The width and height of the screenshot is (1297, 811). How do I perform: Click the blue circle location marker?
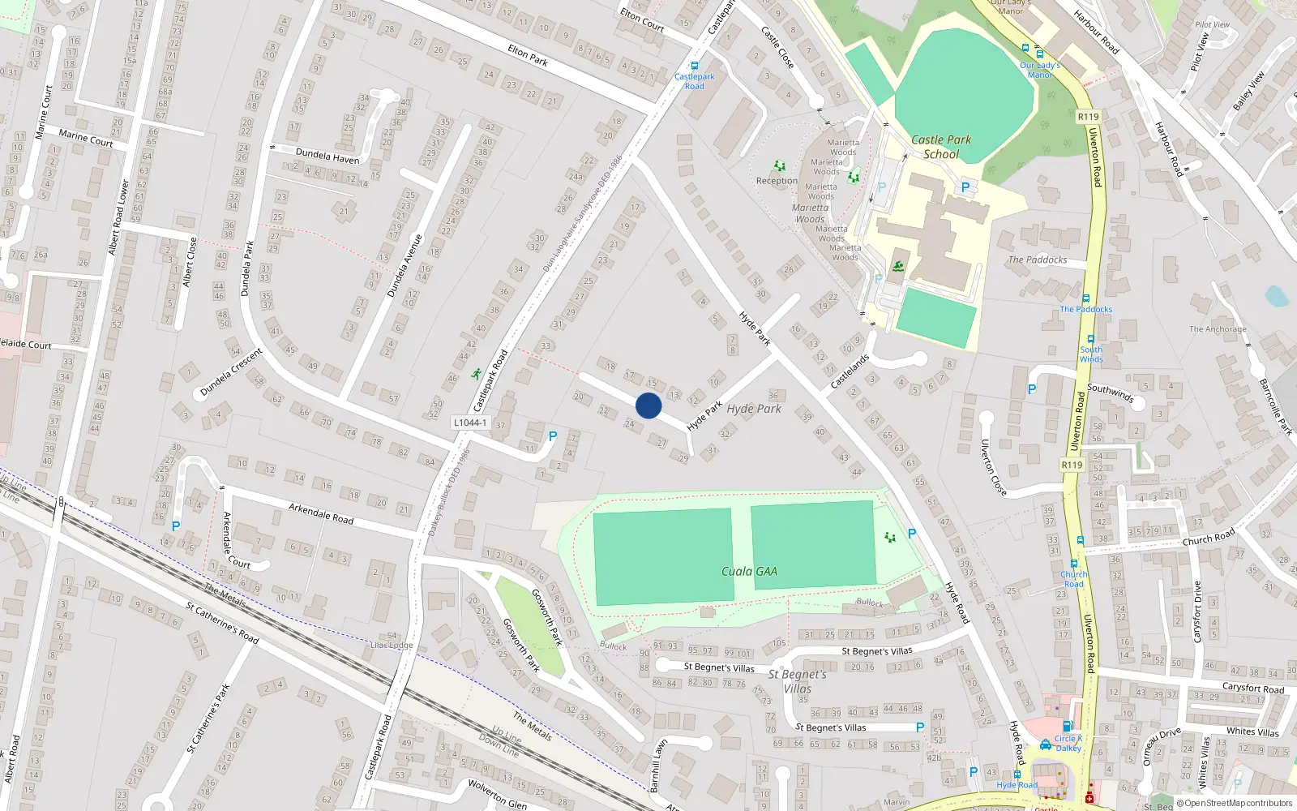pyautogui.click(x=648, y=405)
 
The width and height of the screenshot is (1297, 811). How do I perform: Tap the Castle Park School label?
pyautogui.click(x=941, y=147)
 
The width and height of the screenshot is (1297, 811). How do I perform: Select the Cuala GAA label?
pyautogui.click(x=749, y=571)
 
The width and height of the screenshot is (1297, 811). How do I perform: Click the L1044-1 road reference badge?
pyautogui.click(x=470, y=423)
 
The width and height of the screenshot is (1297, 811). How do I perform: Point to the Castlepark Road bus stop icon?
pyautogui.click(x=694, y=66)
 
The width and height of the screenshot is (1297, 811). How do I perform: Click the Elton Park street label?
pyautogui.click(x=528, y=55)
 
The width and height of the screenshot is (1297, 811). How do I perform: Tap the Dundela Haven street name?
pyautogui.click(x=327, y=155)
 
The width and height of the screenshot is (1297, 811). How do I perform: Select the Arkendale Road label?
pyautogui.click(x=321, y=513)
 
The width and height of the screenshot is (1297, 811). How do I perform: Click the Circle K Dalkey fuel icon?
pyautogui.click(x=1068, y=727)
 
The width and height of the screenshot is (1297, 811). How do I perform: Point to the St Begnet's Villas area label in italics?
pyautogui.click(x=798, y=681)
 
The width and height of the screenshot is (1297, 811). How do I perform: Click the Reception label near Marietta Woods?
pyautogui.click(x=777, y=181)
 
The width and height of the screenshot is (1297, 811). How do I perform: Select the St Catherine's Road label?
pyautogui.click(x=222, y=622)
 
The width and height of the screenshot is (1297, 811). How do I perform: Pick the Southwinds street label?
pyautogui.click(x=1110, y=393)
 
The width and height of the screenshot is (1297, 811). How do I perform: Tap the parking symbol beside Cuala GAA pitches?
pyautogui.click(x=912, y=534)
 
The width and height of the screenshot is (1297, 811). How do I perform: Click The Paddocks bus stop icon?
pyautogui.click(x=1085, y=298)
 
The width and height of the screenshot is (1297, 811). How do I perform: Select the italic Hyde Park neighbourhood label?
pyautogui.click(x=754, y=409)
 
